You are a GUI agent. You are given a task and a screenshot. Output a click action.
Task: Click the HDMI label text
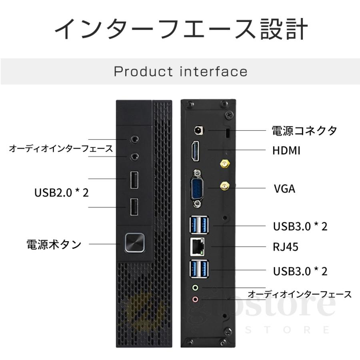[286, 150]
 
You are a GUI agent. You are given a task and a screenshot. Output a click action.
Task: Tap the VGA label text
[284, 188]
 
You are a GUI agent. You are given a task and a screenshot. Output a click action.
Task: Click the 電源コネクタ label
[304, 130]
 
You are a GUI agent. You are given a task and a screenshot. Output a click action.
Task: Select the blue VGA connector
[197, 187]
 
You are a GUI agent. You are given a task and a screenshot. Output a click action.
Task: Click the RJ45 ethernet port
[198, 247]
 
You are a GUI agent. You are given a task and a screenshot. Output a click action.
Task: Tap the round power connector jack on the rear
[198, 130]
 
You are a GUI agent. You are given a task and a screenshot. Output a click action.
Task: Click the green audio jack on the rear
[195, 287]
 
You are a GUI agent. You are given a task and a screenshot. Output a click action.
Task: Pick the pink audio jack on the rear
[195, 299]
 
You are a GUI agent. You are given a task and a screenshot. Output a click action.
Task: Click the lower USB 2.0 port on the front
[134, 207]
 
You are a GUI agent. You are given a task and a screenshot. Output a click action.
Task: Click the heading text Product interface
[180, 72]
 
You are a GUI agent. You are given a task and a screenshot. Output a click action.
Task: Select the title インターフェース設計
[180, 29]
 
